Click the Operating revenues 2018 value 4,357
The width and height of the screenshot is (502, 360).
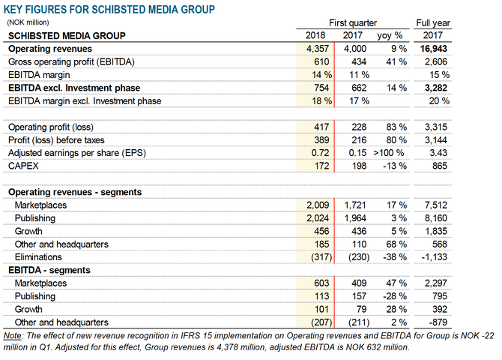click(318, 49)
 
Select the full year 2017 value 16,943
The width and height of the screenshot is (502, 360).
click(434, 49)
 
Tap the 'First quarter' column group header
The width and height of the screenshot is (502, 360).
click(353, 23)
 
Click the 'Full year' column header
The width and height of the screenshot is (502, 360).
click(433, 23)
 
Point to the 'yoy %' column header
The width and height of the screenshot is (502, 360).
click(390, 35)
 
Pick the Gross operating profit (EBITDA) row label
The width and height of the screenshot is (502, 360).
click(71, 61)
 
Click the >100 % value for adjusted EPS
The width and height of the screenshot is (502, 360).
click(389, 153)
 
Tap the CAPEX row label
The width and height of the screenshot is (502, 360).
click(23, 166)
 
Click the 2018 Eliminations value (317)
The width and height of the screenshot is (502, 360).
click(321, 257)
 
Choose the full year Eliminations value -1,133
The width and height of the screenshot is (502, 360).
click(434, 257)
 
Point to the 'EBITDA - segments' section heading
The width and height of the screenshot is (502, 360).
click(49, 270)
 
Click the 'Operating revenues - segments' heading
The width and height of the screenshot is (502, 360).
click(75, 192)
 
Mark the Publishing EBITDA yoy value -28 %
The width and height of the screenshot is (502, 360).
click(395, 296)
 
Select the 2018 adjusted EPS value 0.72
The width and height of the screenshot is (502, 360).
click(320, 153)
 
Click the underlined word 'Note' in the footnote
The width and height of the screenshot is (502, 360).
click(13, 336)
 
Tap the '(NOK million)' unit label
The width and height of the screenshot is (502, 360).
click(28, 22)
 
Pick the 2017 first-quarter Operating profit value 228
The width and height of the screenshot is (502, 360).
click(359, 127)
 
